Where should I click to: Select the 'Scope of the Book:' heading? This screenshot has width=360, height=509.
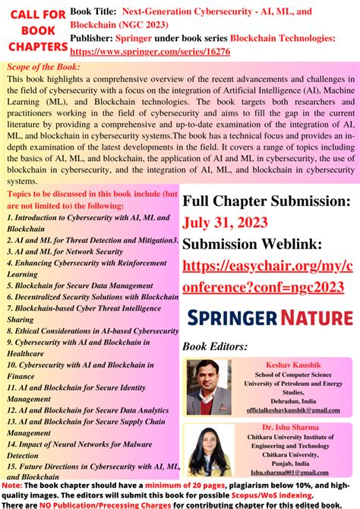click(x=43, y=67)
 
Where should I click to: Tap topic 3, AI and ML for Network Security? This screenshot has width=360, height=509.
click(x=65, y=251)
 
